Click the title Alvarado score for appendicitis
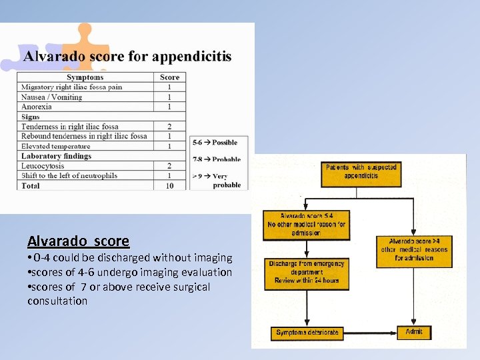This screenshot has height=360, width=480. click(x=127, y=56)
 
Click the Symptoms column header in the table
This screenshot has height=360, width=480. click(x=85, y=77)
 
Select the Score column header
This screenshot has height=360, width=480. click(x=169, y=77)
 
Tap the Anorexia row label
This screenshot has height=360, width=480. click(x=37, y=107)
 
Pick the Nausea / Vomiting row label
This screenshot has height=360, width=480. click(x=51, y=97)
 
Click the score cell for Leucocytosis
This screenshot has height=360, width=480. click(x=169, y=165)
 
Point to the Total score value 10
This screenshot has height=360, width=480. click(x=169, y=185)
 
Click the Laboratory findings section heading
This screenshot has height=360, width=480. click(x=56, y=156)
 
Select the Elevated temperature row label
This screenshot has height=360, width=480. click(x=55, y=146)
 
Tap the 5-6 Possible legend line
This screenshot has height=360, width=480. click(x=215, y=143)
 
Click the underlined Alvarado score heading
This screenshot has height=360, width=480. click(x=78, y=241)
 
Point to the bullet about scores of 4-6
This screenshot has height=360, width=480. click(x=129, y=272)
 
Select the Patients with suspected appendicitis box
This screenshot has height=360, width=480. click(x=361, y=171)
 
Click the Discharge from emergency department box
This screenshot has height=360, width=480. click(x=306, y=272)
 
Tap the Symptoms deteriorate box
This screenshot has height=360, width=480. click(x=307, y=332)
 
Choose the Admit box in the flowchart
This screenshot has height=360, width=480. click(x=413, y=331)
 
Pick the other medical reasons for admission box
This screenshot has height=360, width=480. click(x=413, y=249)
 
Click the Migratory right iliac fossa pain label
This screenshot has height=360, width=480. click(x=71, y=87)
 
